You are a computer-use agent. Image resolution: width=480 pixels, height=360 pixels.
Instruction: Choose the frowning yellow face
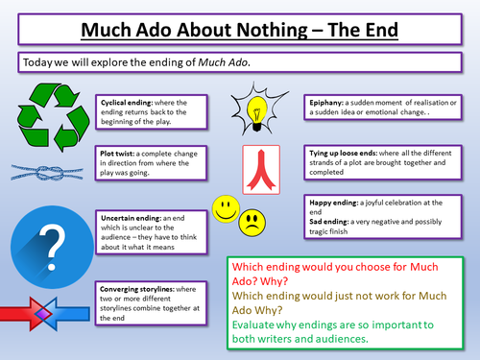click(252, 225)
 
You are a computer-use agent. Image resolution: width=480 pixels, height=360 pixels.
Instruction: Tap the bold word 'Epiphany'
click(328, 103)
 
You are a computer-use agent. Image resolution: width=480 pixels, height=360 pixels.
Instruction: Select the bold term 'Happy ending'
click(333, 203)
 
